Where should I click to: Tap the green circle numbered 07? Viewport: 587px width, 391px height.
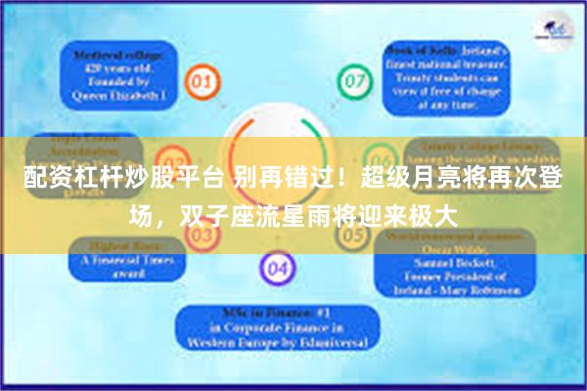[x=352, y=77]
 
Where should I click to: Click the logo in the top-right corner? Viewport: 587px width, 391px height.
[x=555, y=29]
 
